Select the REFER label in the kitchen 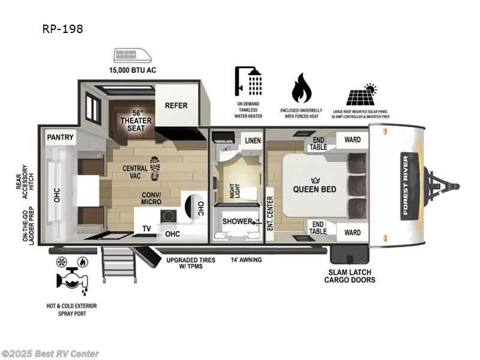[176, 106]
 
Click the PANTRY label [61, 137]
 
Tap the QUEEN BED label [314, 189]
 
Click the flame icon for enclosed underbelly [302, 89]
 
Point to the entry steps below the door [119, 261]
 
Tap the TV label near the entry [146, 229]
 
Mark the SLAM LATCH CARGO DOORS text [350, 275]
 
